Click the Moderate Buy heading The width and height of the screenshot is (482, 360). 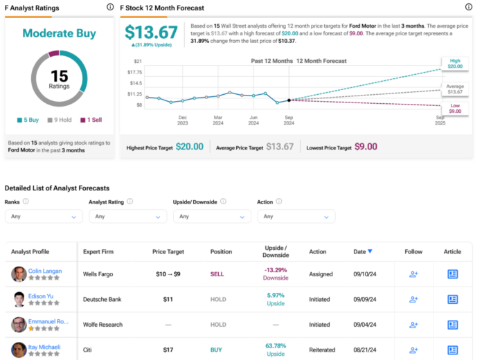[58, 33]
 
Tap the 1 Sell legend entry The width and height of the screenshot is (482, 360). [91, 120]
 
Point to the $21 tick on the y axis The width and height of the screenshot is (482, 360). [138, 61]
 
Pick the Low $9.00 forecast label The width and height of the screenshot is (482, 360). [454, 108]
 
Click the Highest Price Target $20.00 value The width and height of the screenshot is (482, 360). [190, 147]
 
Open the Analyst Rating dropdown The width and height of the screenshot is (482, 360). [127, 216]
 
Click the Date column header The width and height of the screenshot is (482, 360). [361, 251]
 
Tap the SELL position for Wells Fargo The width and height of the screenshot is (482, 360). [217, 274]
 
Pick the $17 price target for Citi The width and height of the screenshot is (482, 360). [169, 350]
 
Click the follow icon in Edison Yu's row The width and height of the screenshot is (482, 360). [413, 299]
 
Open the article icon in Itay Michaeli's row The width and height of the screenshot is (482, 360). [453, 350]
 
